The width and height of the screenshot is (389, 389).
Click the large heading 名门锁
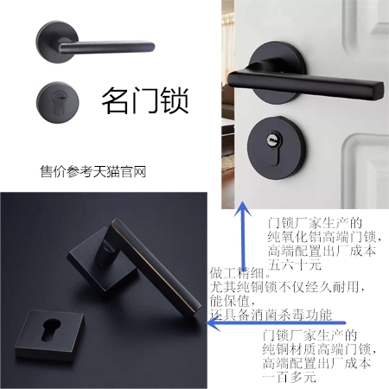click(x=144, y=100)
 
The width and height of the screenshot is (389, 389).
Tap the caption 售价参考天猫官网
click(x=93, y=171)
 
